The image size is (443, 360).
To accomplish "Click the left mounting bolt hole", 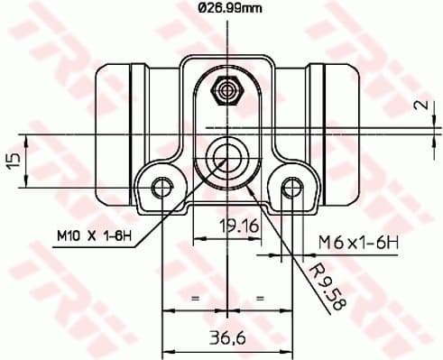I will (x=162, y=188).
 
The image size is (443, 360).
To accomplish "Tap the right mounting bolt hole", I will (x=290, y=188).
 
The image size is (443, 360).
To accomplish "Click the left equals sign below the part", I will (x=192, y=296).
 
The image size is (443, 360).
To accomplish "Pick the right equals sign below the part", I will (x=259, y=296).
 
